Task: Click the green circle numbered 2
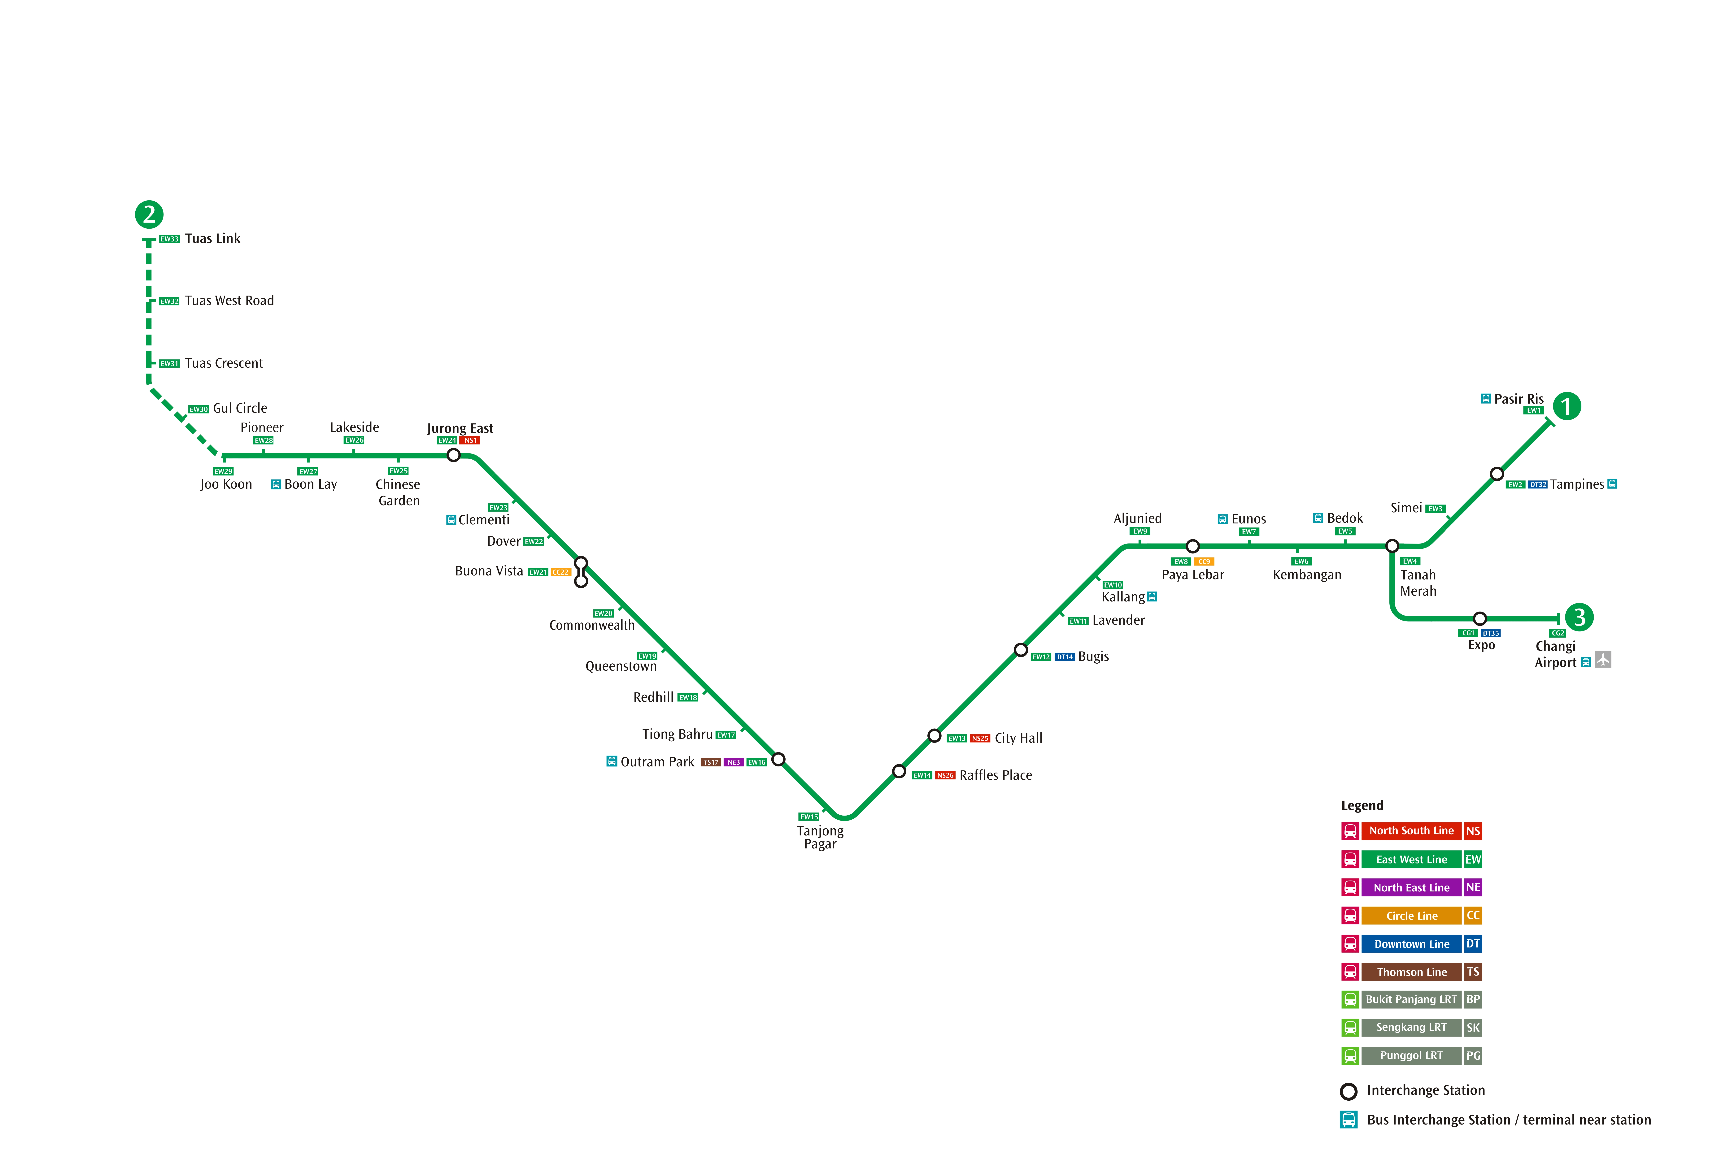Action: (x=149, y=215)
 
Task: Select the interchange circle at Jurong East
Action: (x=454, y=455)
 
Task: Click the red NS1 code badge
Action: (x=470, y=441)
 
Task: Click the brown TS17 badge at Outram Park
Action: (x=711, y=763)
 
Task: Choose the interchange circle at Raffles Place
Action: (x=899, y=772)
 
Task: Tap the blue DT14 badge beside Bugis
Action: (x=1065, y=657)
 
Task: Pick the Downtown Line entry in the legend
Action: (x=1411, y=944)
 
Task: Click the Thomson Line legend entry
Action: (x=1411, y=972)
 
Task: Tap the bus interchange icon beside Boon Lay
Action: (x=276, y=484)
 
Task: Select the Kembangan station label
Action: (x=1307, y=575)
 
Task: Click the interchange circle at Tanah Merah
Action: (x=1392, y=547)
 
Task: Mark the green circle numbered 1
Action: (x=1567, y=406)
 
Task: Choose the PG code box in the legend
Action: (x=1473, y=1056)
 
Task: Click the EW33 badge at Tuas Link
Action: (x=170, y=239)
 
